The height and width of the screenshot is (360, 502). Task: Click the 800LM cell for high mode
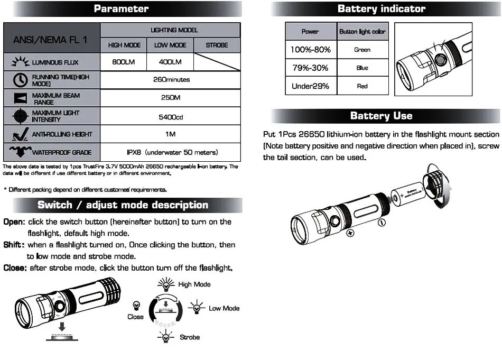(124, 62)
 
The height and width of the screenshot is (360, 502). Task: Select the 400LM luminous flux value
(170, 62)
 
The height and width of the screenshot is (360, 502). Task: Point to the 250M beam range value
(170, 98)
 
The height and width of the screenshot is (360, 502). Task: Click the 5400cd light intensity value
(170, 117)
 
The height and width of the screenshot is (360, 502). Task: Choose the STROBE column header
(217, 45)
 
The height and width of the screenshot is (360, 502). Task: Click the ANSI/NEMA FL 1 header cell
(51, 38)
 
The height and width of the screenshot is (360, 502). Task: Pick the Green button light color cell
(362, 50)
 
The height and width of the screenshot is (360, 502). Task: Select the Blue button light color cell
(362, 68)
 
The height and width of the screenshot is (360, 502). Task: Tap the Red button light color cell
(362, 86)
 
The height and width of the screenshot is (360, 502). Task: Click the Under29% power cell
(310, 86)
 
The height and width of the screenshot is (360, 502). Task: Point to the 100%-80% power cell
(310, 50)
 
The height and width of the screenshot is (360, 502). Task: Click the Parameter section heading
(121, 9)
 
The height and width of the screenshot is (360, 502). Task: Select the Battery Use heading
(381, 116)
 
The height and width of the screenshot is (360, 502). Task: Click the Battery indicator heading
(381, 9)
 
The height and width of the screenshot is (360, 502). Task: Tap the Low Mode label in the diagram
(224, 308)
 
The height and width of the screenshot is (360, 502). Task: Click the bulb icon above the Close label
(136, 306)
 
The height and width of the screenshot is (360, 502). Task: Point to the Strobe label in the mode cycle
(190, 337)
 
